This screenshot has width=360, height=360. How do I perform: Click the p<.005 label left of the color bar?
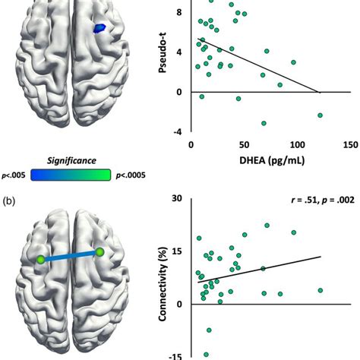(14, 175)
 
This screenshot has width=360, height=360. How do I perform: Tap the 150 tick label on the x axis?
(351, 145)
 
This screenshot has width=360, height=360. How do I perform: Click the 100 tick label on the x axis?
(297, 145)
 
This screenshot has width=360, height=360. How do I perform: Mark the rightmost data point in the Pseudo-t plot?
(321, 115)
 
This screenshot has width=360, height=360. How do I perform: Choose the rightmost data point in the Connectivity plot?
(321, 290)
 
